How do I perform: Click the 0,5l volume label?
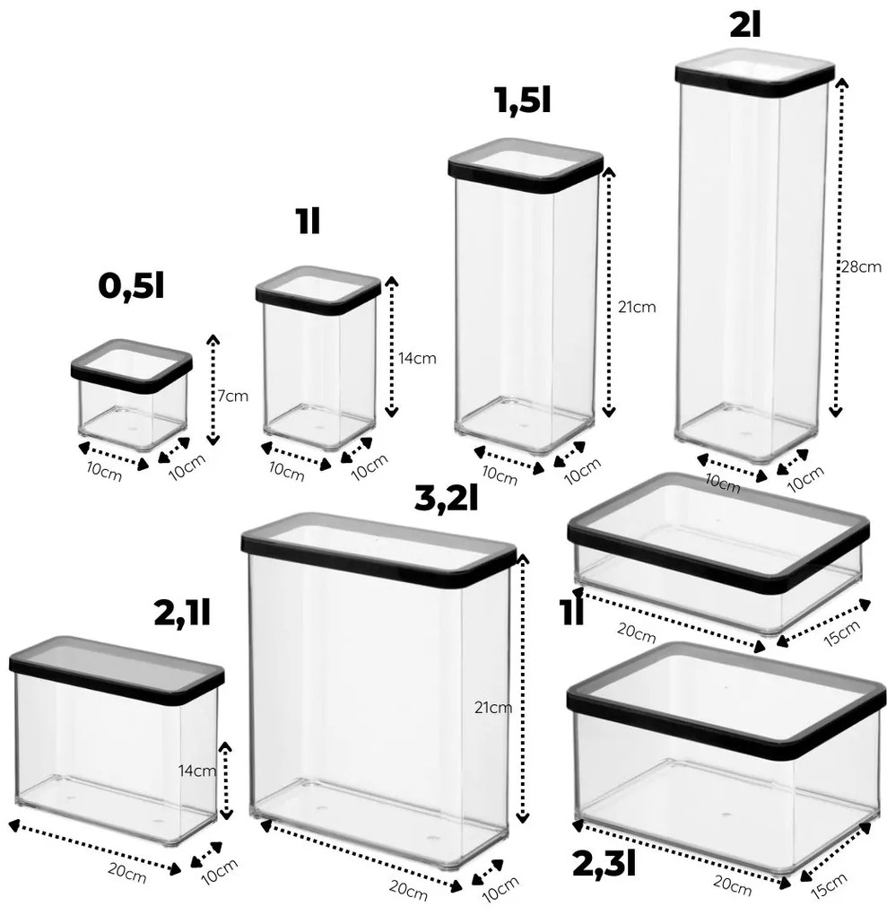coord(131,286)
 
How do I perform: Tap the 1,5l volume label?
coord(523,100)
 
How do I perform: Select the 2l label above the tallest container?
coord(745,25)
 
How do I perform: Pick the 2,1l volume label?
coord(182,613)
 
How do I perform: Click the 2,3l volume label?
coord(604,864)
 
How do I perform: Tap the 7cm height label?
coord(233,396)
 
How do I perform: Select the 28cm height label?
coord(861,266)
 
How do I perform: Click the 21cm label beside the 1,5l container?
coord(637,307)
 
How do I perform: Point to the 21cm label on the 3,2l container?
coord(493,708)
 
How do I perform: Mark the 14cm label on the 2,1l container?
coord(197,771)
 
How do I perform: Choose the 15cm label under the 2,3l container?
coord(830,885)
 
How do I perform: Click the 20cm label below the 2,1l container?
coord(127,873)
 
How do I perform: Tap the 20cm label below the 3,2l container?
coord(408,889)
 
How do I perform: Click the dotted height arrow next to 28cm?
coord(838,248)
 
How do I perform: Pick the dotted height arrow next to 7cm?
coord(213,390)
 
